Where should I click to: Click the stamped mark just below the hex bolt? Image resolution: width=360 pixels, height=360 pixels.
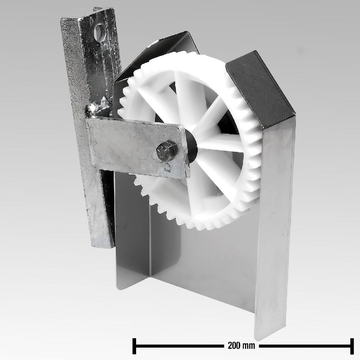click(x=167, y=165)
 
